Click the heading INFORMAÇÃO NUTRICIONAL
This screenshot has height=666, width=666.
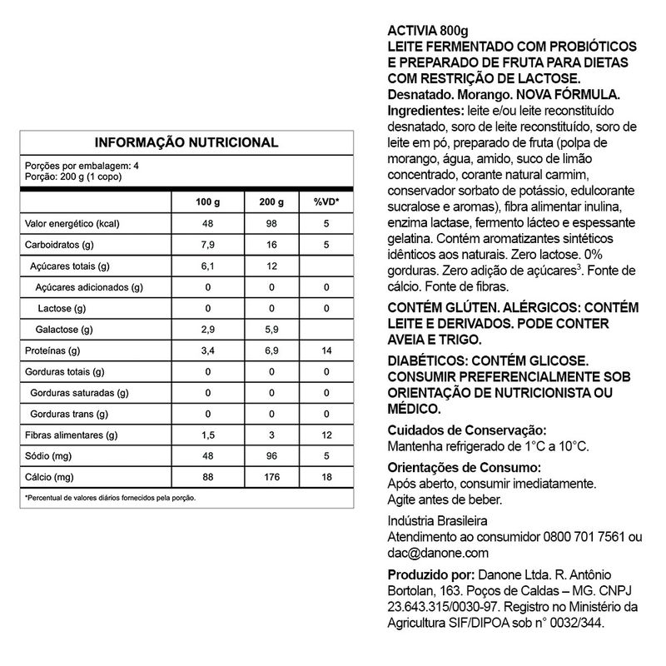[x=186, y=142]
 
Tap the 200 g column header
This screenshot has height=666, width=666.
[x=271, y=203]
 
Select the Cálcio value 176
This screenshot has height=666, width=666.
[x=271, y=477]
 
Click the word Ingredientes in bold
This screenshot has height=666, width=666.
[x=425, y=111]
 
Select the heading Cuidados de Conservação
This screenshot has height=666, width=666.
[x=468, y=430]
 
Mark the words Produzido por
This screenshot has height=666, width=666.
[x=430, y=575]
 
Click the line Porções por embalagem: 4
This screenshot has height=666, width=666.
[x=82, y=166]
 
